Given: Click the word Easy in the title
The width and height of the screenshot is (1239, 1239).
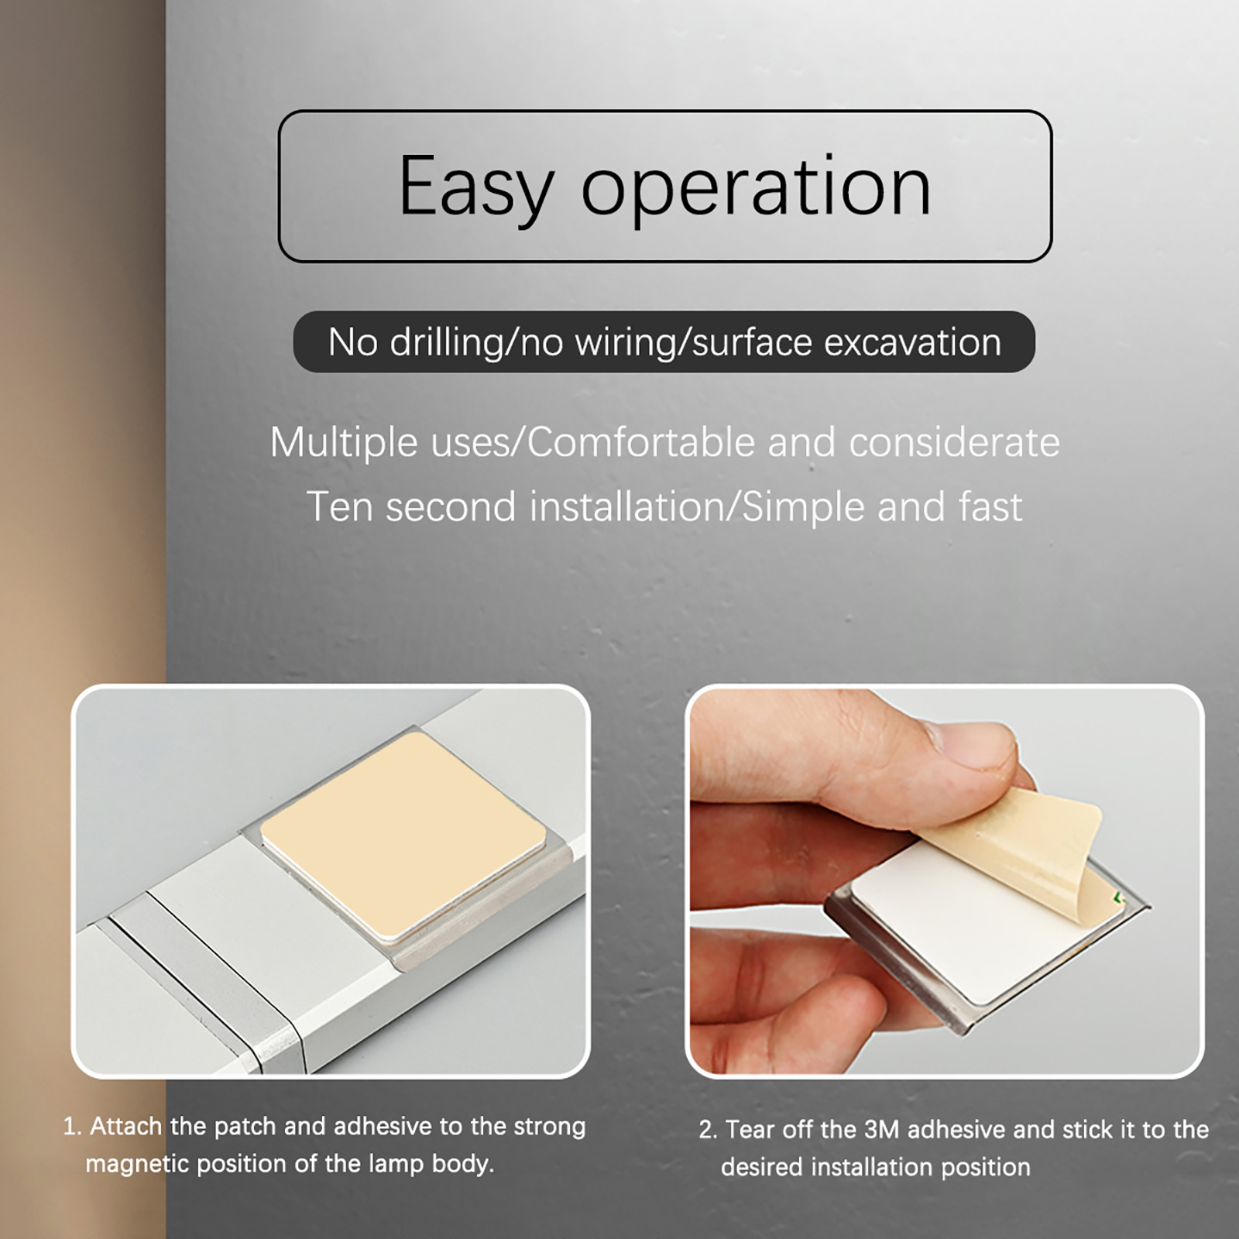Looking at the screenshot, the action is pyautogui.click(x=475, y=187).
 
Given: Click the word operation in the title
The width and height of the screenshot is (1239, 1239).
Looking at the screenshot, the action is pyautogui.click(x=756, y=187).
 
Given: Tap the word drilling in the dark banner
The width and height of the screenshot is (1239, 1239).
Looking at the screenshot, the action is pyautogui.click(x=446, y=341).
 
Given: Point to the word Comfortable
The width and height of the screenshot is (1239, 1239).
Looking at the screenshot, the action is pyautogui.click(x=641, y=442).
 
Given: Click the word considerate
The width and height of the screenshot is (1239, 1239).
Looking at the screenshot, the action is pyautogui.click(x=954, y=442).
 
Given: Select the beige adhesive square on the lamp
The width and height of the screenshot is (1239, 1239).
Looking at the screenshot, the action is pyautogui.click(x=403, y=834).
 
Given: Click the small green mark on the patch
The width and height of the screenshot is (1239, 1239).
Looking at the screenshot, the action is pyautogui.click(x=1117, y=898).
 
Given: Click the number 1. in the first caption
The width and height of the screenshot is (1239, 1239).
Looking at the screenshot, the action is pyautogui.click(x=72, y=1127).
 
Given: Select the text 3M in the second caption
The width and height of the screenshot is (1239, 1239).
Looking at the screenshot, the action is pyautogui.click(x=881, y=1130).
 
